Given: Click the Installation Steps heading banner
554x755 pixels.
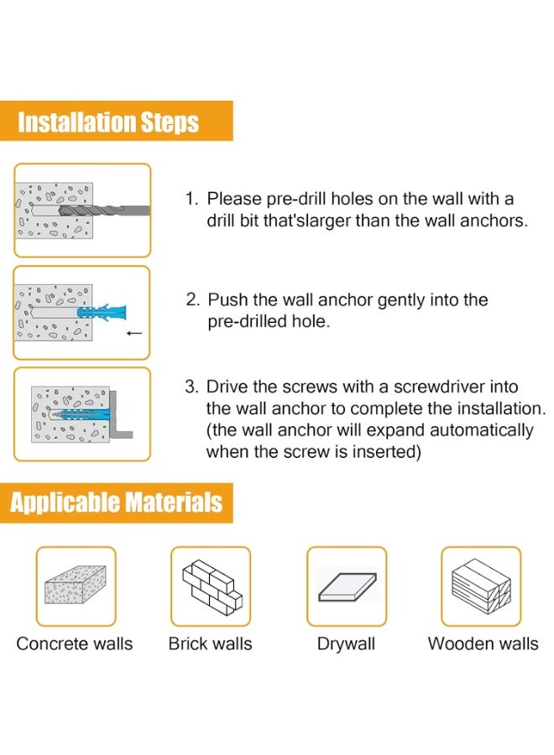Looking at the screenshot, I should click(109, 122).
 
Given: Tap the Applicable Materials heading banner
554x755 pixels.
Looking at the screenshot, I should click(117, 502).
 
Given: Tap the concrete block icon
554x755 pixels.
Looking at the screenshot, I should click(75, 586).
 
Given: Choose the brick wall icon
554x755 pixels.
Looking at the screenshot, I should click(211, 586).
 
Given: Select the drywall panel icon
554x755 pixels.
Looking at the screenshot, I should click(346, 586).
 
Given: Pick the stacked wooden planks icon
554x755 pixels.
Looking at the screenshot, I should click(481, 586).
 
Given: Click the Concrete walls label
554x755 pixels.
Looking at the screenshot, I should click(75, 644).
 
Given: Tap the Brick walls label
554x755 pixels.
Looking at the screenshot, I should click(210, 644).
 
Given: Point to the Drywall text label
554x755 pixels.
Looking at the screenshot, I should click(346, 644).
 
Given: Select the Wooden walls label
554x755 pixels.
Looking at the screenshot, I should click(483, 644).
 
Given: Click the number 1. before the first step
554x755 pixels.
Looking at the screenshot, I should click(191, 200).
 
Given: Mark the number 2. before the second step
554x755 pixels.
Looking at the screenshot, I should click(192, 300).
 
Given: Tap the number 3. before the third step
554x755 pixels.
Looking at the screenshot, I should click(191, 387).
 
